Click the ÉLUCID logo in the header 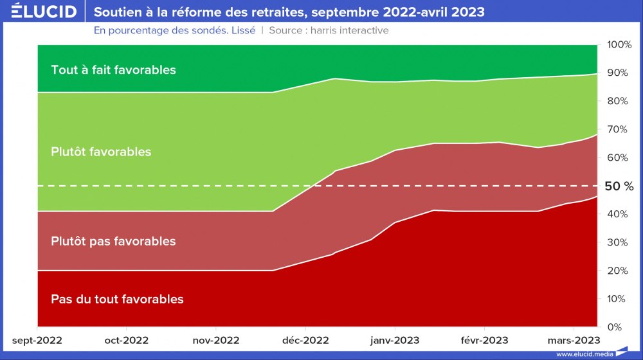44,12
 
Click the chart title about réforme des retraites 289,12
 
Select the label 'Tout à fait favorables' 113,70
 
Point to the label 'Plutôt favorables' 101,152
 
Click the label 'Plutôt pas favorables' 113,242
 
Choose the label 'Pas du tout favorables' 117,300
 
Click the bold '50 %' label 619,186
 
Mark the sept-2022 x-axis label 37,340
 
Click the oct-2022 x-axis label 126,340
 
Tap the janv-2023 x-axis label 395,340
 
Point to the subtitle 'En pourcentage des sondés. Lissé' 174,30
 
